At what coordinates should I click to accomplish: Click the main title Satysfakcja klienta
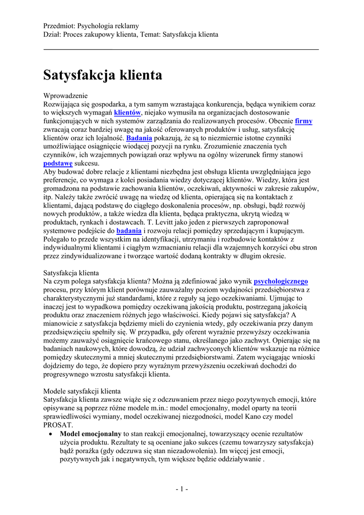coord(103,75)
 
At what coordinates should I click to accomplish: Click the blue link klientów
coord(128,113)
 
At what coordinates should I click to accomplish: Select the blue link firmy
coord(304,121)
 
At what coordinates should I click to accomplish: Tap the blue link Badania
coord(139,138)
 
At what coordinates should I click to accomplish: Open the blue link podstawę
coord(58,163)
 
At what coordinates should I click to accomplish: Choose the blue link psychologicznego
coord(281,281)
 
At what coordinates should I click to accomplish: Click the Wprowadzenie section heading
coord(66,96)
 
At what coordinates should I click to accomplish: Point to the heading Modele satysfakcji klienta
coord(82,391)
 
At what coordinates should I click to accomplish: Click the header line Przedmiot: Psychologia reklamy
coord(92,26)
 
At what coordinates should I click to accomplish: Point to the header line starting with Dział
coord(131,34)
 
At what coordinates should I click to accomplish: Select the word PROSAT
coord(58,424)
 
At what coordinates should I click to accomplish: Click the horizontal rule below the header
coord(181,49)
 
